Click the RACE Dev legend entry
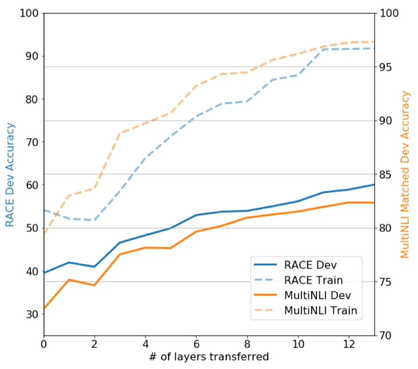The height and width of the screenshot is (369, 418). pyautogui.click(x=295, y=265)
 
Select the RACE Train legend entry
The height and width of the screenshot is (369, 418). pyautogui.click(x=298, y=280)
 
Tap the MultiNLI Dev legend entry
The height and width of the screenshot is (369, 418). pyautogui.click(x=302, y=295)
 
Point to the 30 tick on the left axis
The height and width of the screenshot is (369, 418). pyautogui.click(x=32, y=314)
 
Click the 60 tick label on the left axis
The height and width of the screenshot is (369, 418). pyautogui.click(x=32, y=185)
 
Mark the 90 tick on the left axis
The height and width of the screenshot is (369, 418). pyautogui.click(x=32, y=56)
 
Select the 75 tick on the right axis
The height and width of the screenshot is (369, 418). pyautogui.click(x=385, y=282)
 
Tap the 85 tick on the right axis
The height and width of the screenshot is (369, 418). pyautogui.click(x=385, y=175)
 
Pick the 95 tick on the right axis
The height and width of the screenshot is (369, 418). pyautogui.click(x=385, y=67)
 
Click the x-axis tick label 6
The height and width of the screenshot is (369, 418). pyautogui.click(x=196, y=344)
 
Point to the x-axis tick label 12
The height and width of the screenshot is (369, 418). pyautogui.click(x=349, y=344)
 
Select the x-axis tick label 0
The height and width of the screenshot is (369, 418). pyautogui.click(x=43, y=344)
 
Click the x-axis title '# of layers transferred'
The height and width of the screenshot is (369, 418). pyautogui.click(x=208, y=356)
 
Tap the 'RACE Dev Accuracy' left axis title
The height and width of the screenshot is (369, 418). pyautogui.click(x=10, y=175)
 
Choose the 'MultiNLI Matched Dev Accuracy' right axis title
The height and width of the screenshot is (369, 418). pyautogui.click(x=404, y=175)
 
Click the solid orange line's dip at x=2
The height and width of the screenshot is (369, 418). pyautogui.click(x=94, y=285)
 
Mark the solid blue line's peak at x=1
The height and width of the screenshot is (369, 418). pyautogui.click(x=69, y=262)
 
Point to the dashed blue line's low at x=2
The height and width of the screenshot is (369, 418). pyautogui.click(x=94, y=220)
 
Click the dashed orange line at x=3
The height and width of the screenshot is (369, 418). pyautogui.click(x=120, y=133)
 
